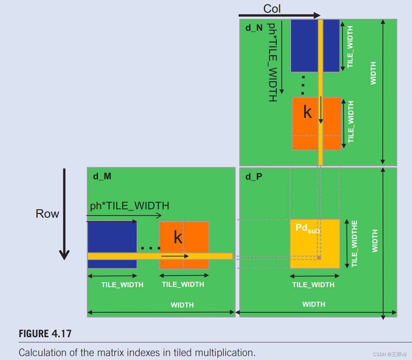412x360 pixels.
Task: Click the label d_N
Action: pos(254,28)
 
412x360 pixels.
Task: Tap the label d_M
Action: pos(102,176)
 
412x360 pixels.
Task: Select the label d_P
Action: pos(254,176)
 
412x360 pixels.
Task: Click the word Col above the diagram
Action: pos(272,8)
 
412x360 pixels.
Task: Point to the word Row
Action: pos(47,213)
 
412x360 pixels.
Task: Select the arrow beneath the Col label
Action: pos(279,16)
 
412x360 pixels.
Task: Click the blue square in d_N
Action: pos(304,45)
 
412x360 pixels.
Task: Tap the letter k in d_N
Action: pos(307,112)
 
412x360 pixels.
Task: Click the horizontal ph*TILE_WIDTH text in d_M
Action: pos(130,206)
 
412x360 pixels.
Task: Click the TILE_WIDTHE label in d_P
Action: pos(354,243)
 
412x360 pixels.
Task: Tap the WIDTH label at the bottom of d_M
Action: pos(182,305)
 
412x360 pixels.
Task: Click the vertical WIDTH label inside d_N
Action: pos(373,73)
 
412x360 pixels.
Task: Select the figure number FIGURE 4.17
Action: pos(45,334)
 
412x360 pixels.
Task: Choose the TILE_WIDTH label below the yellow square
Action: pos(313,285)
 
